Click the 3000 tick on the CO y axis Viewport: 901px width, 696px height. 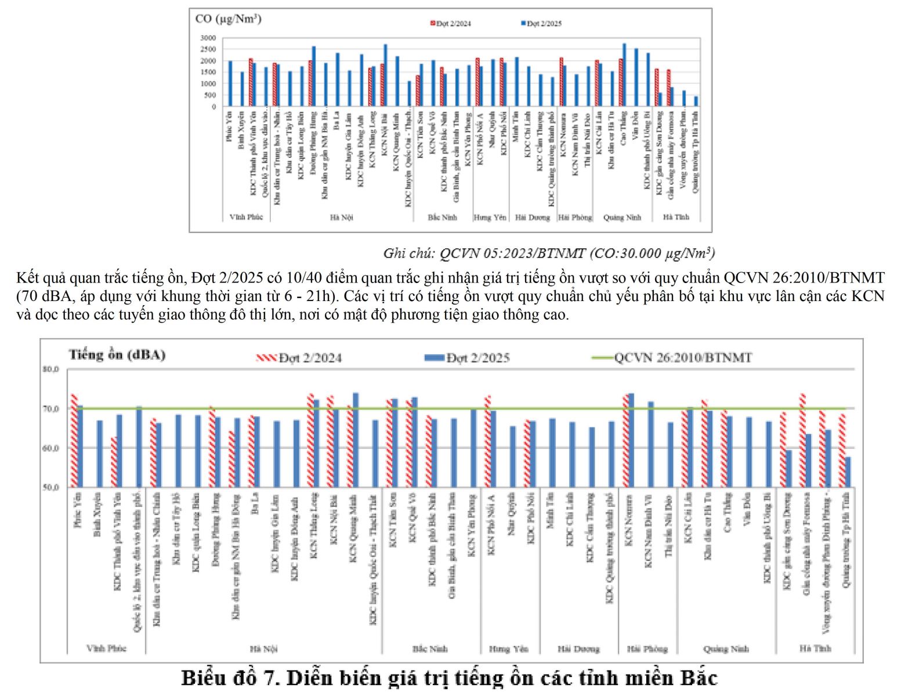208,38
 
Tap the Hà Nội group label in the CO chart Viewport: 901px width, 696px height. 341,217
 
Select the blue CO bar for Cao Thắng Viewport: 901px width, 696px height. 624,75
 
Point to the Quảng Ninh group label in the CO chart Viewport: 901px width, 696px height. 622,217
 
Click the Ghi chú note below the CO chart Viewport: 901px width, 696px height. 549,253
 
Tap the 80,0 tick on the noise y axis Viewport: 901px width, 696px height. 50,369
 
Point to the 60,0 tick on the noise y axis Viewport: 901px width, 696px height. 50,448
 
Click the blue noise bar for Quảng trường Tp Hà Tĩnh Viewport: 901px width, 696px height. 848,472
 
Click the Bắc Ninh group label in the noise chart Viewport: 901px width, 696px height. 430,648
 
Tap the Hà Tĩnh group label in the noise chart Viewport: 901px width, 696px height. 815,648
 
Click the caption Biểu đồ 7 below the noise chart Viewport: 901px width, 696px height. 450,678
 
